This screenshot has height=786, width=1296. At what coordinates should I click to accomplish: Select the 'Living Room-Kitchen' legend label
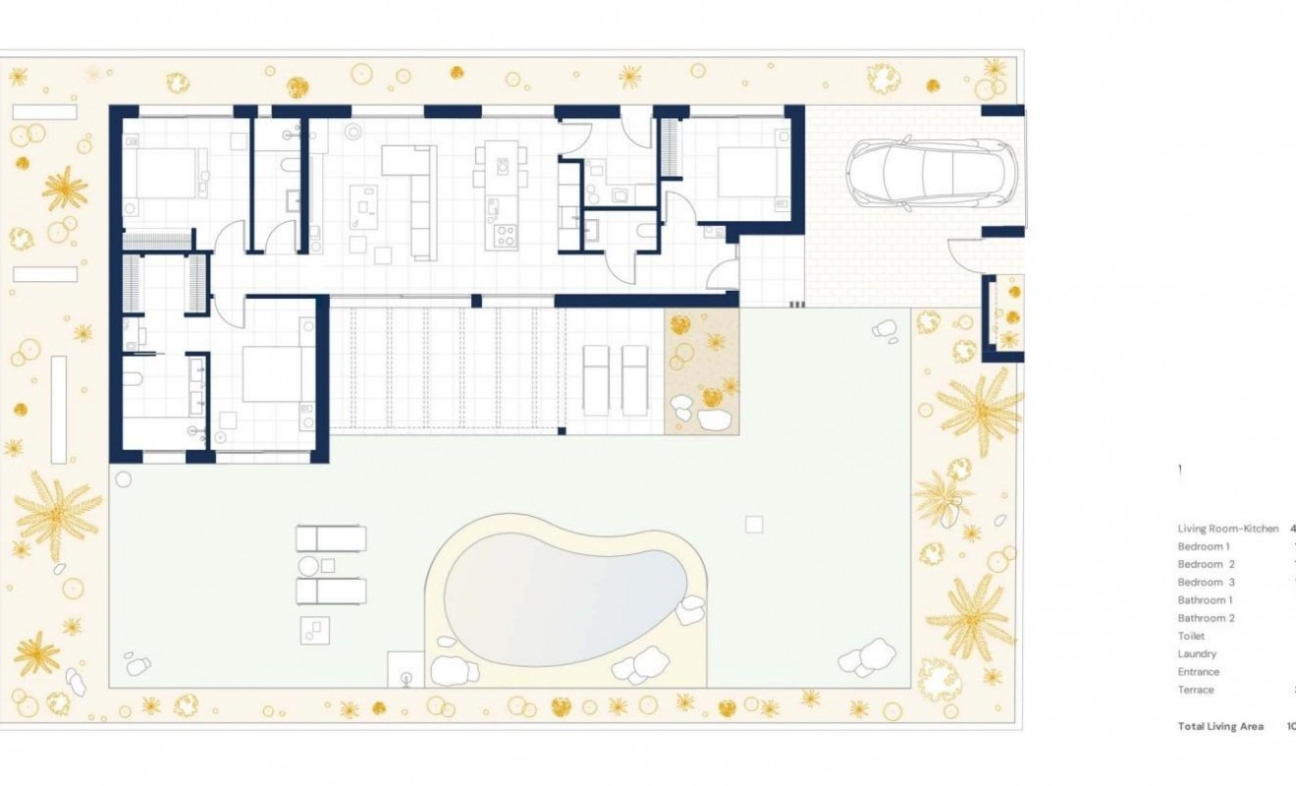click(1227, 529)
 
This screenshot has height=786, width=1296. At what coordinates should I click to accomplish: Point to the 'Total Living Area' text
click(1220, 726)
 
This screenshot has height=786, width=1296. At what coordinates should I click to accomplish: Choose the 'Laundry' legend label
click(1197, 654)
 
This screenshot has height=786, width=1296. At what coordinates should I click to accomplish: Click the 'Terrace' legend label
click(1197, 690)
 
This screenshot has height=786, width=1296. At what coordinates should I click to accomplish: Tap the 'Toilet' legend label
click(1191, 637)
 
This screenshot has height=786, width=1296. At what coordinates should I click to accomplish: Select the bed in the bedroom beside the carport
click(751, 172)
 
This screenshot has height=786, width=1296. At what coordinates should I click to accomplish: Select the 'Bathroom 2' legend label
click(1207, 618)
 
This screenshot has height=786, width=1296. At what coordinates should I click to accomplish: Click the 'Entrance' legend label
click(1199, 672)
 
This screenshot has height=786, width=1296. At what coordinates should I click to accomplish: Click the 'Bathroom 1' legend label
click(1206, 600)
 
